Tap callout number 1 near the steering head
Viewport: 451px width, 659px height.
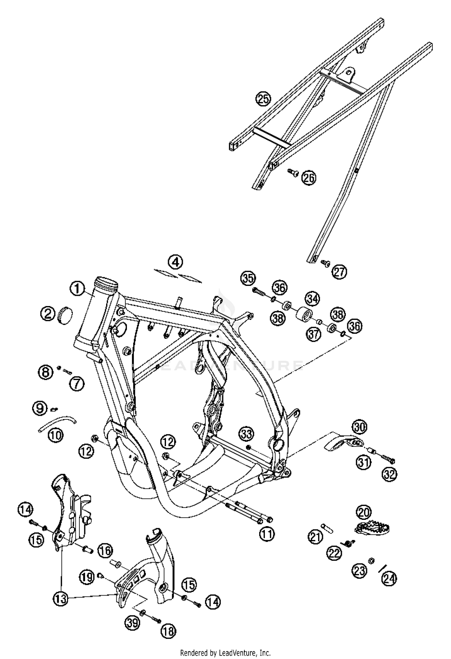[78, 289]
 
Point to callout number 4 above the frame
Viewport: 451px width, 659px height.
[176, 262]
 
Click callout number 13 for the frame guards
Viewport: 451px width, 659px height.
[61, 599]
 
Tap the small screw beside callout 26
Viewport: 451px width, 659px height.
[292, 172]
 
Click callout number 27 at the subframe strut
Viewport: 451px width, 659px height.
[339, 272]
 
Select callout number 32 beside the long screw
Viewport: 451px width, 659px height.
[389, 474]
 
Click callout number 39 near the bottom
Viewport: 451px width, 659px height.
[133, 623]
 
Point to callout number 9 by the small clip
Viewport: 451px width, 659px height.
[40, 408]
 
